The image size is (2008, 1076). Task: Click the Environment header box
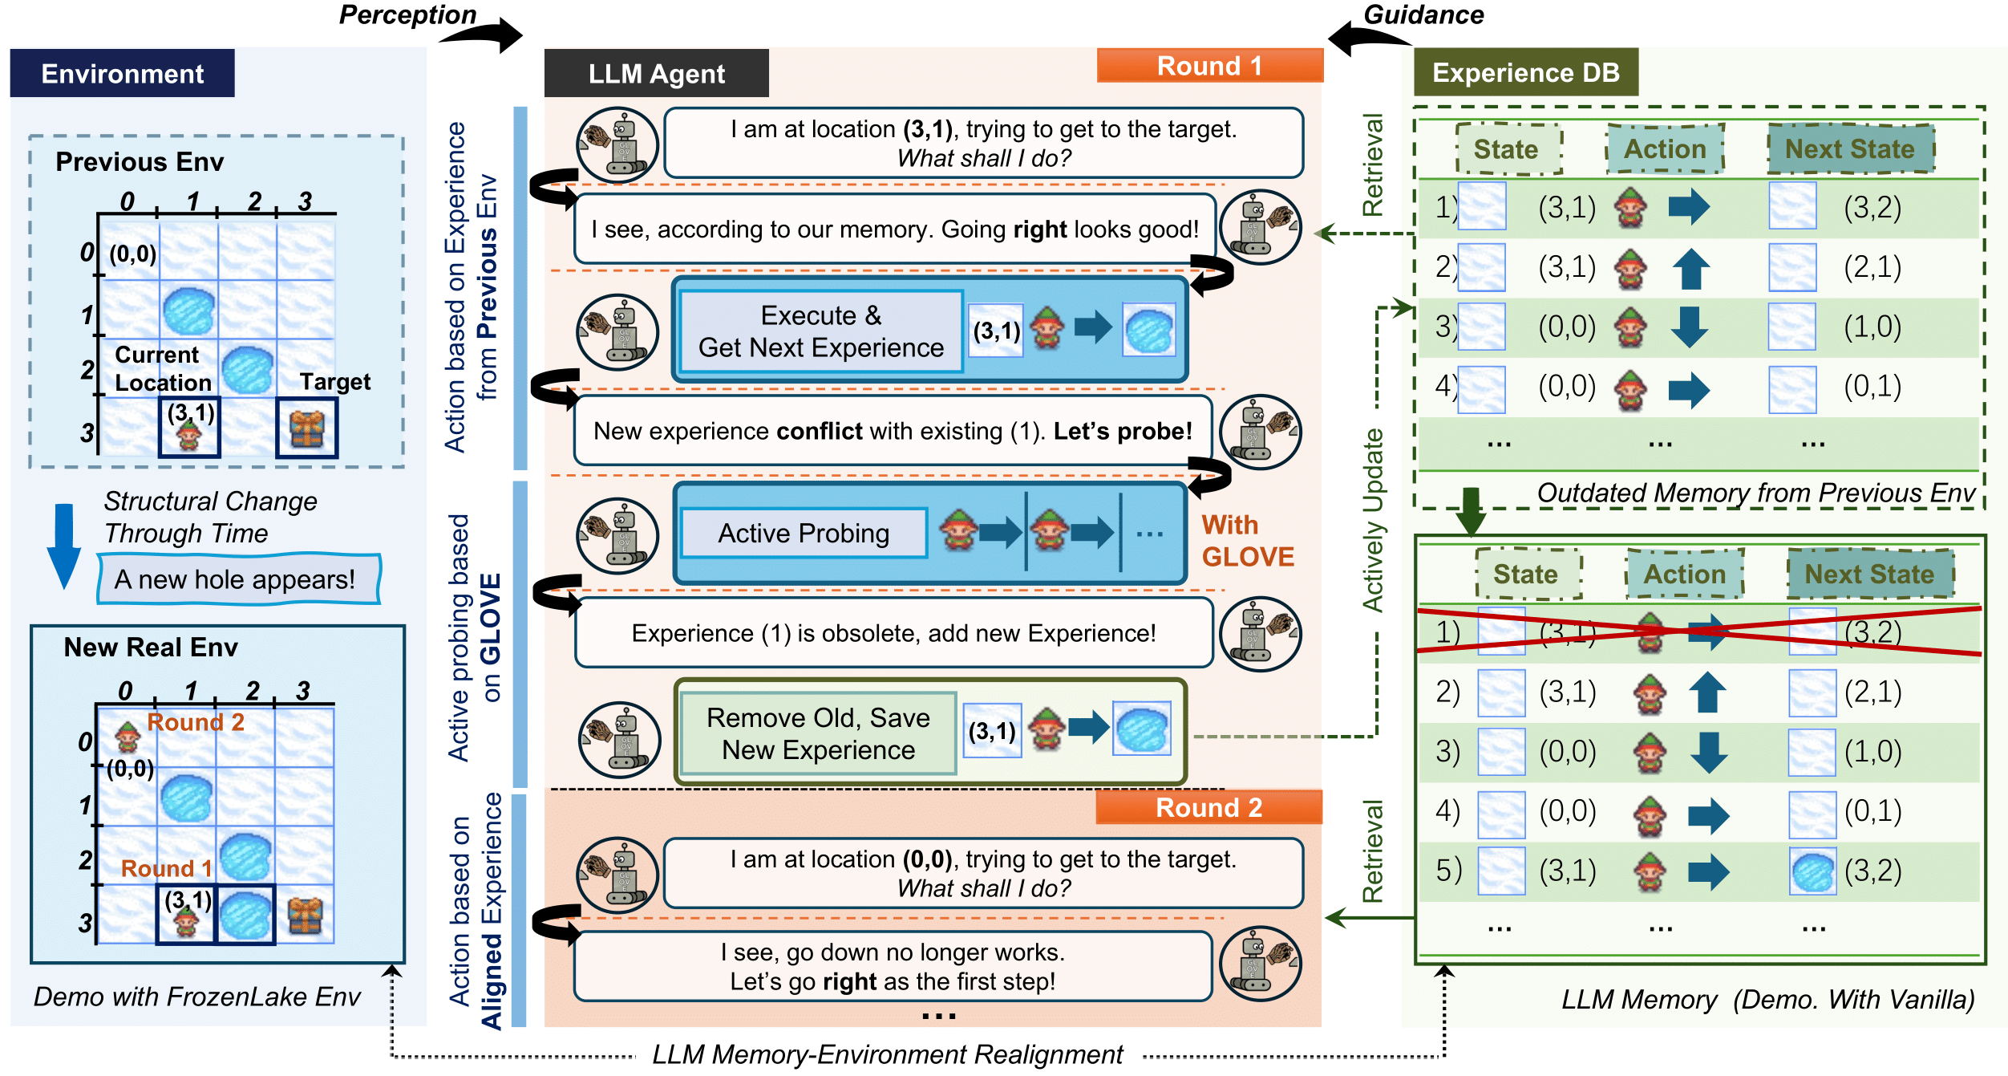[122, 74]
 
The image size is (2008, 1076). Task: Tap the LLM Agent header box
[656, 74]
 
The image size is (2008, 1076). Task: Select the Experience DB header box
[1525, 72]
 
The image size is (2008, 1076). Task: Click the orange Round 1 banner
[1209, 66]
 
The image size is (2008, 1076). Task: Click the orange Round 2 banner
[1208, 807]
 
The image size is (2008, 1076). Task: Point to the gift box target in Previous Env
[306, 428]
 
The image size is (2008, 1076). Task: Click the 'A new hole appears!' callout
[238, 579]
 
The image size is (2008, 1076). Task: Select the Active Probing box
[804, 534]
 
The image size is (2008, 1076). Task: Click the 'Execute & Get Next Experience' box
[820, 331]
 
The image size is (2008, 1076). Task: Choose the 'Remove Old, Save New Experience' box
[818, 733]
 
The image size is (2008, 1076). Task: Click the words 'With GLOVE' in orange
[1247, 541]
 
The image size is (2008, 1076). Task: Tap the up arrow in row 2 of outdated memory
[1690, 268]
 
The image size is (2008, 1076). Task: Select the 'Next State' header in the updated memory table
[1869, 574]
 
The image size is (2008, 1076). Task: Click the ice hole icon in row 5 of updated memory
[1812, 871]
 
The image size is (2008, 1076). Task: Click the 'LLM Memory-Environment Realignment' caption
[887, 1054]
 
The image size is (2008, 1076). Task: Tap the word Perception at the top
[407, 14]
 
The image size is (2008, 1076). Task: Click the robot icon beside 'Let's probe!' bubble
[1260, 432]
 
